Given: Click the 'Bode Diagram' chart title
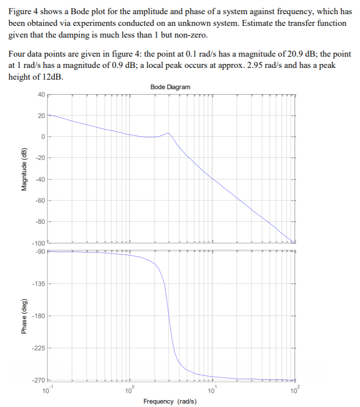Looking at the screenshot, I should coord(171,86).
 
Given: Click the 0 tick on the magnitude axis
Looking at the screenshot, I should coord(43,137).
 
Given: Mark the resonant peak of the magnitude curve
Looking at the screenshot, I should coord(168,133).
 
